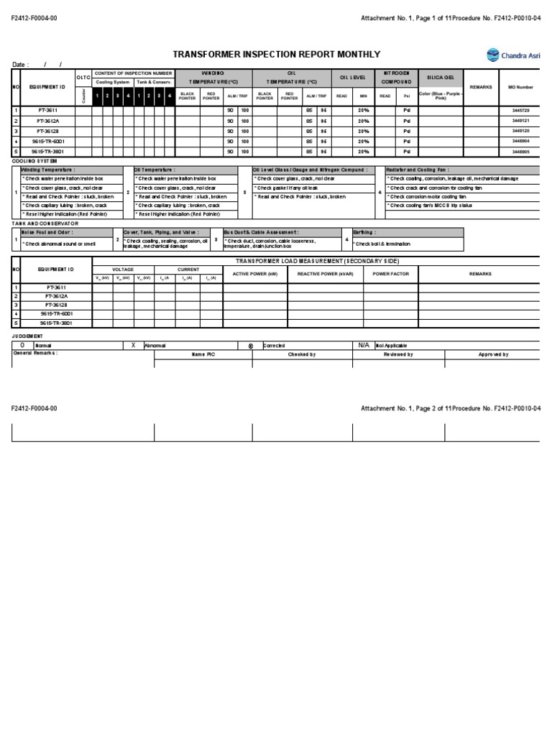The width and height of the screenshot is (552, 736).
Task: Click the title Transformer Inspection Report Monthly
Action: coord(277,55)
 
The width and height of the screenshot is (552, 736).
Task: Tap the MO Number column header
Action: coord(520,86)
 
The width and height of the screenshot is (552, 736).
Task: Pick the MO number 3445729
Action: coord(520,111)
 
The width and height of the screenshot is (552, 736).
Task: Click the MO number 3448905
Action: coord(520,152)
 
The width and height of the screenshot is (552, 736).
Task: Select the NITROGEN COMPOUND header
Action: coord(396,77)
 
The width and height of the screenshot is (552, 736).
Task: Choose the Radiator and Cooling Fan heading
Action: coord(421,170)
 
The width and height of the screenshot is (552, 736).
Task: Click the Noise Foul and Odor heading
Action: coord(47,233)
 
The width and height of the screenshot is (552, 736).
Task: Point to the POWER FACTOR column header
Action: coord(390,274)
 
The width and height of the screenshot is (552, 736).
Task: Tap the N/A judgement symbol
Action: coord(364,345)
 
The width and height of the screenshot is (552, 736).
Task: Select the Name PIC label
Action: coord(203,354)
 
